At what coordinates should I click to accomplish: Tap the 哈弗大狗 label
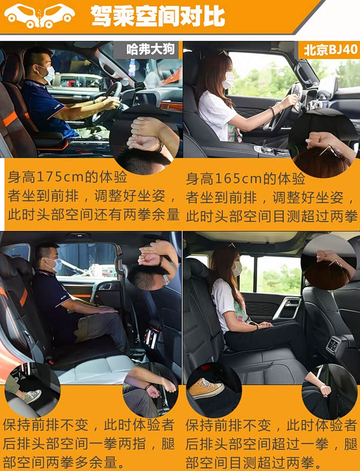(x=150, y=49)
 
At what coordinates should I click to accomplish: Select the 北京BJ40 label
(x=330, y=50)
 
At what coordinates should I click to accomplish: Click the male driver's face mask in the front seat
(x=49, y=74)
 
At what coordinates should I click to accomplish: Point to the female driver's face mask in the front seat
(x=229, y=80)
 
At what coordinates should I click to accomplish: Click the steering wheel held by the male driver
(x=108, y=101)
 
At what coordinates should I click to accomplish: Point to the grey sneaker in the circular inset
(x=32, y=396)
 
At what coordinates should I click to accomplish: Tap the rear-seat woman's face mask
(x=238, y=269)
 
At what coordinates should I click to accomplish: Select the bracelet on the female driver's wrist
(x=272, y=111)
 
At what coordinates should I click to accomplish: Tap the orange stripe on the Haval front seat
(x=10, y=119)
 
